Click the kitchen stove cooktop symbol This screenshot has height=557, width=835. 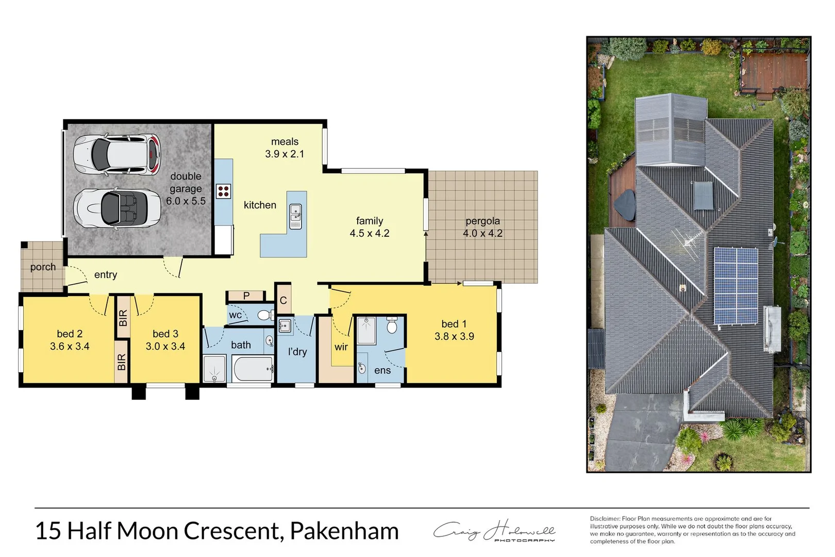pyautogui.click(x=223, y=191)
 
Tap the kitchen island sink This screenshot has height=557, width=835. pyautogui.click(x=295, y=217)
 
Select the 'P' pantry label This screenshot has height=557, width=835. pyautogui.click(x=246, y=296)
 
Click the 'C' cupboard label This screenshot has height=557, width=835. pyautogui.click(x=283, y=301)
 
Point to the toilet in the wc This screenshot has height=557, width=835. pyautogui.click(x=265, y=315)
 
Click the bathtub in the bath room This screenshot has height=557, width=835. pyautogui.click(x=253, y=369)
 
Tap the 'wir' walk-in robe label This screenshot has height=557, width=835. pyautogui.click(x=341, y=347)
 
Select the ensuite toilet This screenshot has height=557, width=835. pyautogui.click(x=392, y=325)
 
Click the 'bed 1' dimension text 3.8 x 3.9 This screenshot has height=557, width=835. pyautogui.click(x=454, y=336)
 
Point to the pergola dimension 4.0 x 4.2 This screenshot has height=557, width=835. pyautogui.click(x=482, y=233)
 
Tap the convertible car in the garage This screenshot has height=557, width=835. pyautogui.click(x=117, y=208)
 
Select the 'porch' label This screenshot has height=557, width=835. pyautogui.click(x=43, y=267)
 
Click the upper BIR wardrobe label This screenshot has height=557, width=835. pyautogui.click(x=123, y=318)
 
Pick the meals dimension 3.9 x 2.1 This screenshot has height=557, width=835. pyautogui.click(x=285, y=154)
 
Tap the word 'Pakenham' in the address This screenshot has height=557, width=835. pyautogui.click(x=344, y=531)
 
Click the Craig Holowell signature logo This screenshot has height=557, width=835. pyautogui.click(x=494, y=531)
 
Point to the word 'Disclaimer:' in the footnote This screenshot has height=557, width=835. pyautogui.click(x=605, y=519)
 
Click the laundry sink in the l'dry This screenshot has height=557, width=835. pyautogui.click(x=285, y=326)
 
